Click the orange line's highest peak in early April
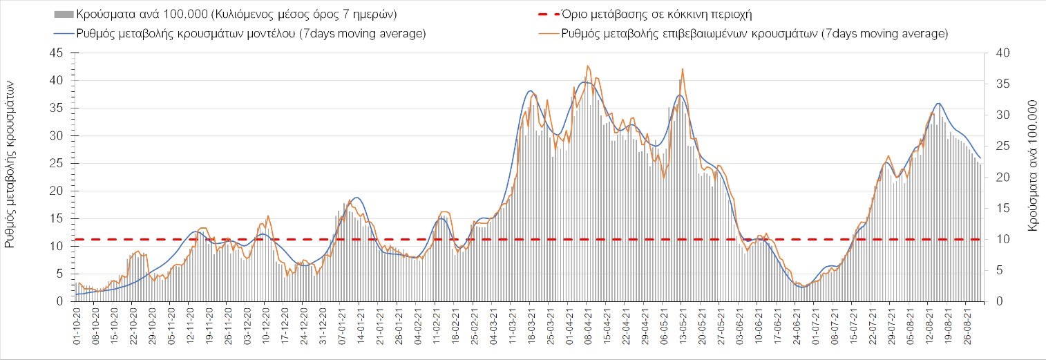click(x=587, y=66)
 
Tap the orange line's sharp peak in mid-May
click(x=683, y=69)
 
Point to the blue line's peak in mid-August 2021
click(x=938, y=103)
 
